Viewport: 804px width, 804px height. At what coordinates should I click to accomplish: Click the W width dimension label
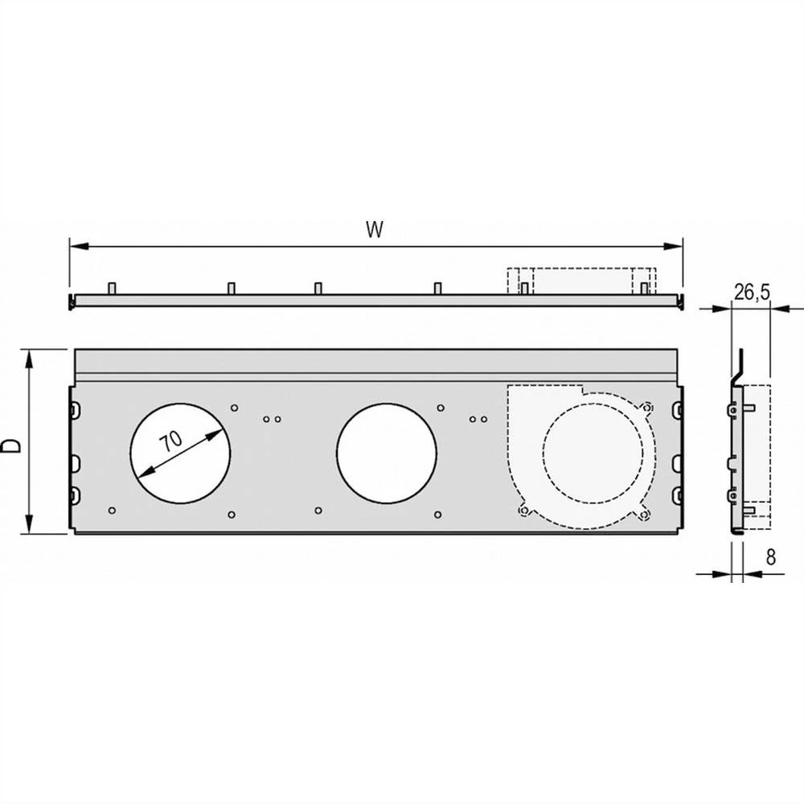(x=373, y=230)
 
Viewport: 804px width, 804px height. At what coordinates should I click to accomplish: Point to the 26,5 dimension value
(x=752, y=293)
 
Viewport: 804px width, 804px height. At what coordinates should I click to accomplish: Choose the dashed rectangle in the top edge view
(x=581, y=281)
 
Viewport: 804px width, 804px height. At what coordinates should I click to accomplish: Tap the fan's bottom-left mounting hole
(x=524, y=510)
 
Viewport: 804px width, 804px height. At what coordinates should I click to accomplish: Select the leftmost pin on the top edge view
(x=112, y=288)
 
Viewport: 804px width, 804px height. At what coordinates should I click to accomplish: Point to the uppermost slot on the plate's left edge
(x=75, y=410)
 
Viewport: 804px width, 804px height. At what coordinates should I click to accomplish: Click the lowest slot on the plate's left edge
(x=75, y=493)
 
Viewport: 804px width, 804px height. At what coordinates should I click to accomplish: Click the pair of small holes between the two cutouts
(x=271, y=419)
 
